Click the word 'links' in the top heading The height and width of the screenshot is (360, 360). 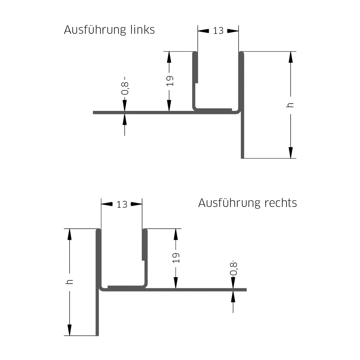coord(142,30)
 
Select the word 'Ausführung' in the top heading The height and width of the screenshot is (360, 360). coord(95,30)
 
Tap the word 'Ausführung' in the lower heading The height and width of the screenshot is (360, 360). coord(229,203)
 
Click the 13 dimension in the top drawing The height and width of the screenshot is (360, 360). coord(218,31)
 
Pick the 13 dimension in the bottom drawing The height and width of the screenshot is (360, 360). coord(122,204)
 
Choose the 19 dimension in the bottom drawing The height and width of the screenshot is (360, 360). coord(176,257)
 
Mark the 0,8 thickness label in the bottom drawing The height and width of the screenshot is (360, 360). coord(234,268)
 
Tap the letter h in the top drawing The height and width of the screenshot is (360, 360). coord(290,105)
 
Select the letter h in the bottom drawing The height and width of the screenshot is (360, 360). coord(69,282)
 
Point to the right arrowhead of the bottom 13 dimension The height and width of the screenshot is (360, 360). coord(136,204)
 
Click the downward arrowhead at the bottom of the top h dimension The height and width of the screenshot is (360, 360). coord(291,153)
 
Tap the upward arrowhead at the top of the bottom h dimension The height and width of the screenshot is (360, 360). coord(69,234)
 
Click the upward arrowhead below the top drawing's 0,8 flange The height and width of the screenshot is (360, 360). coord(125,119)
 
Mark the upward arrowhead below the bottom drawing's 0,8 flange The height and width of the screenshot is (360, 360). coord(233,296)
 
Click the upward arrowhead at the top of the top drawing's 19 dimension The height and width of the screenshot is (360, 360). coord(169,57)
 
